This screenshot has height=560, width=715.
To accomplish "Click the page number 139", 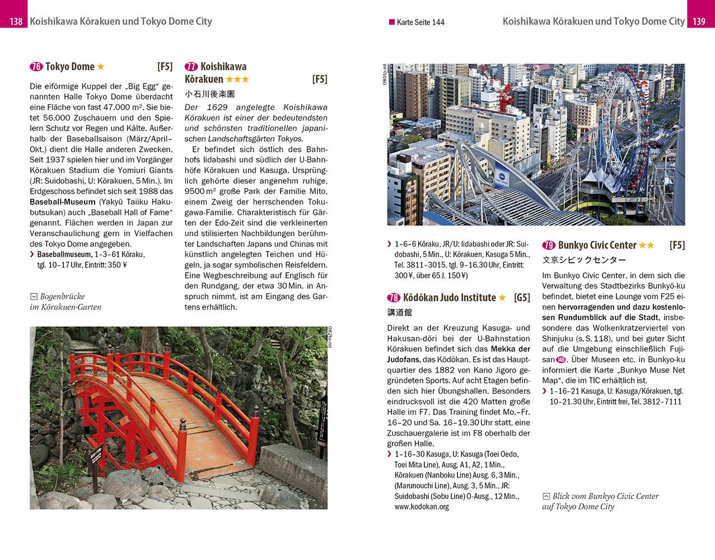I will (x=699, y=22).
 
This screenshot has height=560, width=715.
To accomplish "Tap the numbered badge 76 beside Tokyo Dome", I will (x=36, y=67).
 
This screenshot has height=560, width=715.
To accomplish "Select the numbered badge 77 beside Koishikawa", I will (x=191, y=67).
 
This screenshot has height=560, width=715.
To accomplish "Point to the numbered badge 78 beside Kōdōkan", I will (x=394, y=297).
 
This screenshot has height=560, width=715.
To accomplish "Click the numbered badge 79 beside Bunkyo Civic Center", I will (x=549, y=245).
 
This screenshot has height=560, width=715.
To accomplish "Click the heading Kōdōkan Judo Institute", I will (x=449, y=297).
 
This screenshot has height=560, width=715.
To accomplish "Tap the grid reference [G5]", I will (x=521, y=297).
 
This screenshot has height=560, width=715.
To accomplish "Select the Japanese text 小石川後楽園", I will (x=209, y=94).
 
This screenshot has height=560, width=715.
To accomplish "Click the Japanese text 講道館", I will (x=399, y=312).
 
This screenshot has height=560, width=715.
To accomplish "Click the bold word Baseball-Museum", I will (x=58, y=202).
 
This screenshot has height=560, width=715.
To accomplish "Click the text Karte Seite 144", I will (x=420, y=22).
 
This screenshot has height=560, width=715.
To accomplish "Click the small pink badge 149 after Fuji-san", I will (x=561, y=360).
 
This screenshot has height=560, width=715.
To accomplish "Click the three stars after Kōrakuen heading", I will (x=237, y=80).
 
